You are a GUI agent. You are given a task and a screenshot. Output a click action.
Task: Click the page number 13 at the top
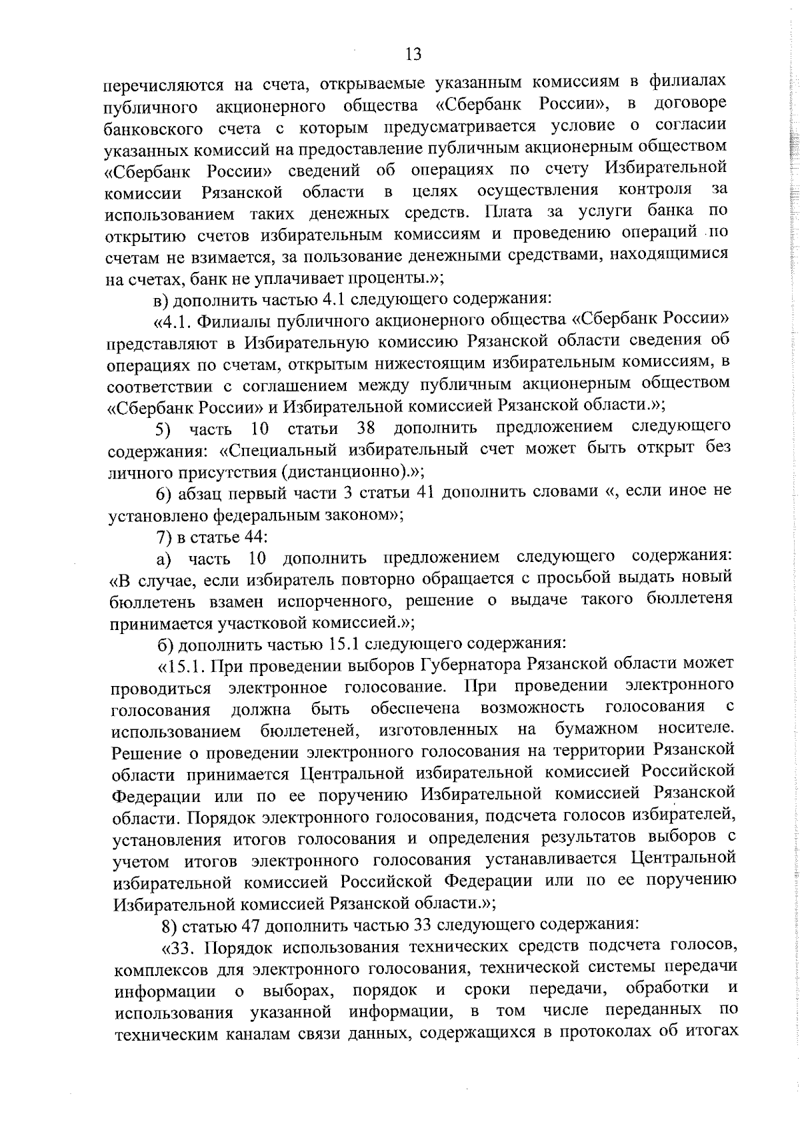413,54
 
